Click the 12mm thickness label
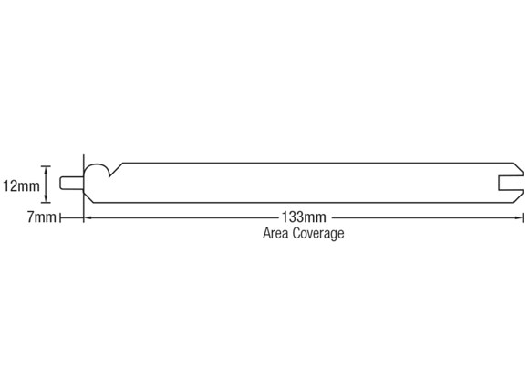pyautogui.click(x=21, y=185)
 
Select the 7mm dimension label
pyautogui.click(x=41, y=217)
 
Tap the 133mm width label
pyautogui.click(x=304, y=217)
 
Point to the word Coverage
pyautogui.click(x=318, y=234)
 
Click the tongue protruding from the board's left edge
pyautogui.click(x=71, y=183)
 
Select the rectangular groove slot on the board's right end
pyautogui.click(x=511, y=183)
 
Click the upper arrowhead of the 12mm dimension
pyautogui.click(x=46, y=169)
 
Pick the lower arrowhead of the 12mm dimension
pyautogui.click(x=46, y=199)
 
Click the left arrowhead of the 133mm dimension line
pyautogui.click(x=88, y=218)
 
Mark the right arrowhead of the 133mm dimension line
pyautogui.click(x=519, y=218)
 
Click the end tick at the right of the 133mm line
pyautogui.click(x=523, y=218)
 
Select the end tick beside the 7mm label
pyautogui.click(x=60, y=218)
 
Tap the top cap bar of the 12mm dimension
pyautogui.click(x=46, y=166)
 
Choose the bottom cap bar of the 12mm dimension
pyautogui.click(x=46, y=203)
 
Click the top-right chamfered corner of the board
pyautogui.click(x=519, y=168)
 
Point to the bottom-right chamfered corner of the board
pyautogui.click(x=519, y=197)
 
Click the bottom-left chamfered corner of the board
pyautogui.click(x=88, y=196)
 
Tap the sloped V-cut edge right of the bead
pyautogui.click(x=117, y=170)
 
